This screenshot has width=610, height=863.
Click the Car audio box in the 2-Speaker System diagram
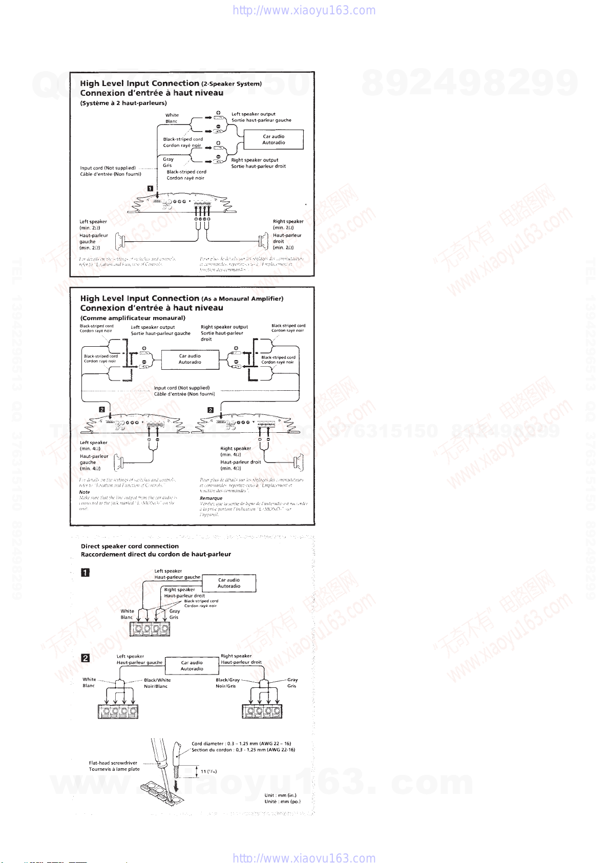tap(274, 139)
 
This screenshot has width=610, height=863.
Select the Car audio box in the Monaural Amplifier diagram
tap(190, 359)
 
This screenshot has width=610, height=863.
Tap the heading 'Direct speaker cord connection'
tap(130, 546)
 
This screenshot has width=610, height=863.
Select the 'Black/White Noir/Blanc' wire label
tap(157, 683)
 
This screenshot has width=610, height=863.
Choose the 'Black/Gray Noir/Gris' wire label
tap(227, 683)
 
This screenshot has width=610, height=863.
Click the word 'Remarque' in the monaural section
tap(211, 498)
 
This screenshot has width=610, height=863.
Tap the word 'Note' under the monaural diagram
tap(85, 492)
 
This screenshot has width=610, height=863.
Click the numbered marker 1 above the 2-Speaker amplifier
tap(150, 188)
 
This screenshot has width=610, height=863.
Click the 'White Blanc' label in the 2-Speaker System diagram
tap(172, 118)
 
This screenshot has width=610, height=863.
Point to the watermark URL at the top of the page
tap(304, 11)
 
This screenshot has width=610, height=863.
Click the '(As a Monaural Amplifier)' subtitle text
tap(242, 299)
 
